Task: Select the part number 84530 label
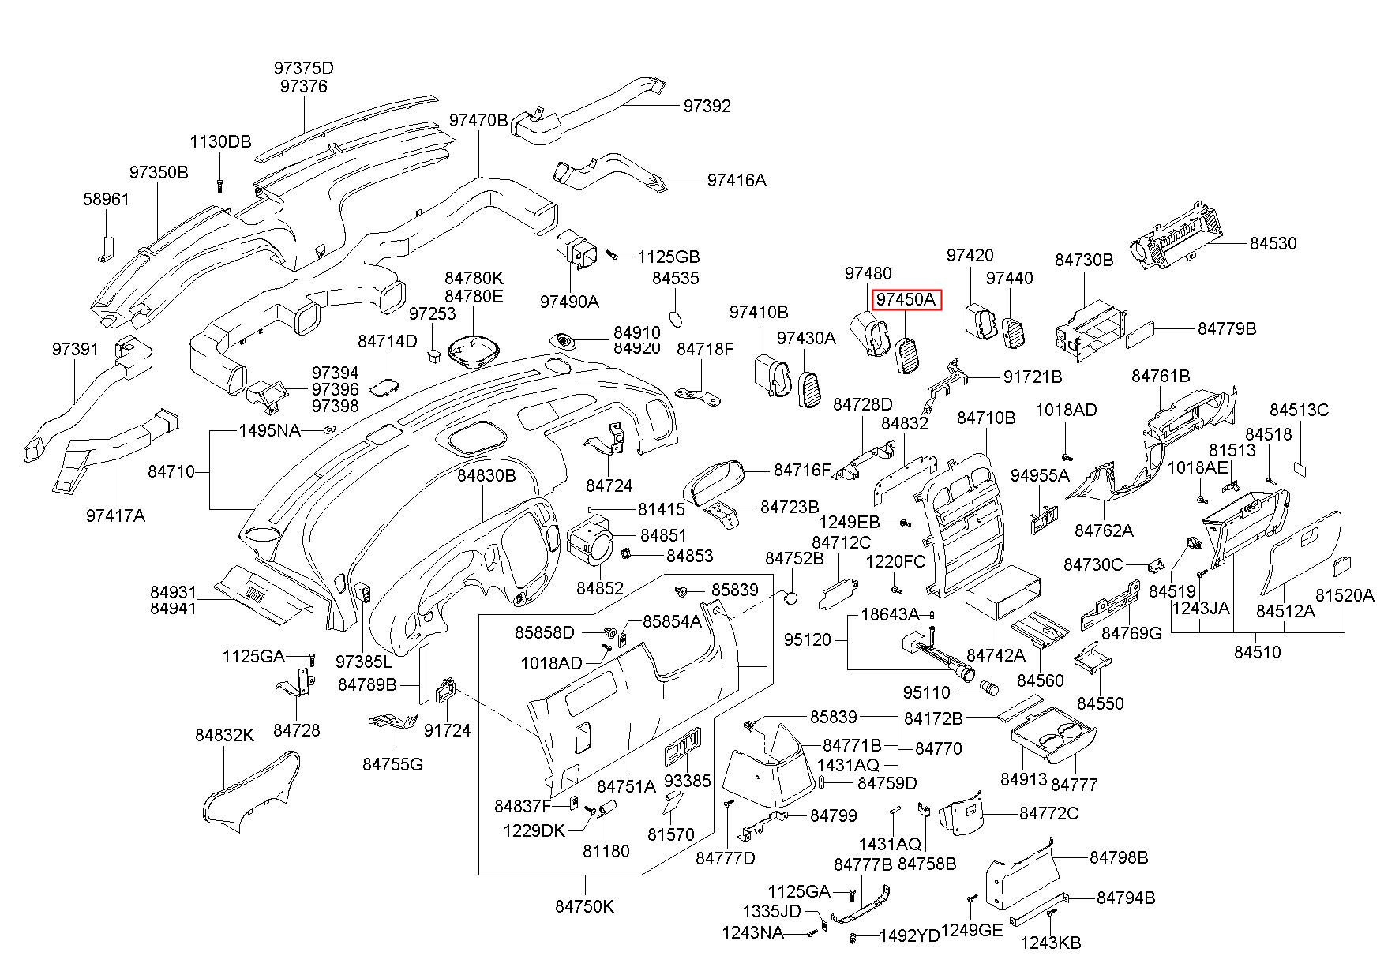(1273, 243)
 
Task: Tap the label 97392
(707, 106)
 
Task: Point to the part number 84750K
(584, 906)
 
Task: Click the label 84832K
(225, 735)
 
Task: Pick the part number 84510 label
(1258, 652)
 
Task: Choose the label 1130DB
(220, 142)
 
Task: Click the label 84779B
(1227, 328)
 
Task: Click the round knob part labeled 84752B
(790, 598)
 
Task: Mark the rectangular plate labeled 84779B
(1143, 335)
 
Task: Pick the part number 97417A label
(115, 515)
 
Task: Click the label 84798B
(1119, 857)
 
